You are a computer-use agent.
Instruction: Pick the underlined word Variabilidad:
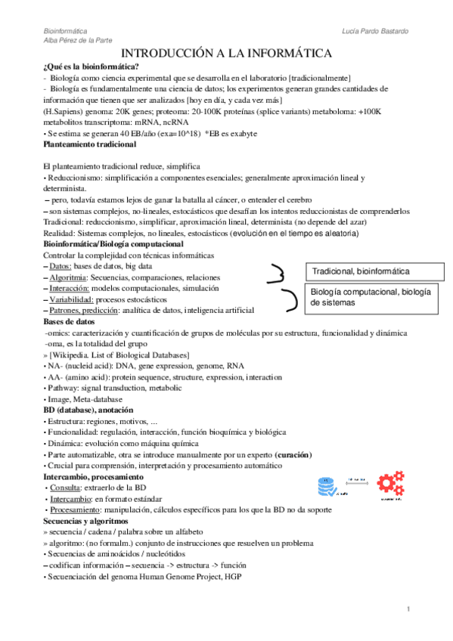point(72,299)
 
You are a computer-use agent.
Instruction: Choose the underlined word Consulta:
point(69,488)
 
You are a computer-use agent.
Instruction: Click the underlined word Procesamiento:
point(78,510)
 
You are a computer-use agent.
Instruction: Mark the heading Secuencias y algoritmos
point(85,522)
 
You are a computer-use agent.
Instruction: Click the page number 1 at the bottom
point(408,609)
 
